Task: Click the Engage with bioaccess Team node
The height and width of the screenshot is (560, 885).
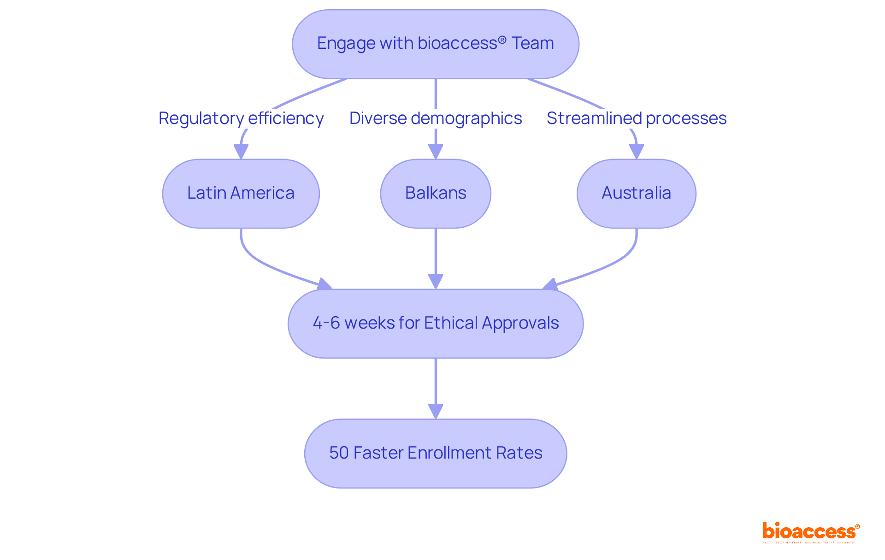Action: (x=435, y=44)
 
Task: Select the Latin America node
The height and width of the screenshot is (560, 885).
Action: (x=241, y=193)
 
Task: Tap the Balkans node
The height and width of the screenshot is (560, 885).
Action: (x=435, y=193)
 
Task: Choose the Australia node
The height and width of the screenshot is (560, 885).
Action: (x=636, y=193)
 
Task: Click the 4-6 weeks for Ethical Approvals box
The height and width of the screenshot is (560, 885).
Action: (x=435, y=323)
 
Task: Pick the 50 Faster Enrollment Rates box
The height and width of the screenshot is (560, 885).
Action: (x=435, y=453)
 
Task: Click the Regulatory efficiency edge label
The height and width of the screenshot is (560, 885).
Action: (x=241, y=118)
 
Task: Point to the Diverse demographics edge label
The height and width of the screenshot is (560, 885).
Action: (x=435, y=118)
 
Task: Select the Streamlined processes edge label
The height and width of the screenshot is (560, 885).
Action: (x=636, y=118)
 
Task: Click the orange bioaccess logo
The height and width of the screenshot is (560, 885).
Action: (x=810, y=531)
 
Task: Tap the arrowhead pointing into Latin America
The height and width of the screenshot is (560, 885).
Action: (x=241, y=152)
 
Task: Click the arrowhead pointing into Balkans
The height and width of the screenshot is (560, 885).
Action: (x=435, y=152)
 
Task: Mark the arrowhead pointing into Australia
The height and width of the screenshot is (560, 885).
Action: (x=636, y=152)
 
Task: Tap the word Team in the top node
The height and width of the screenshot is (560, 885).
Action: (x=533, y=43)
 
